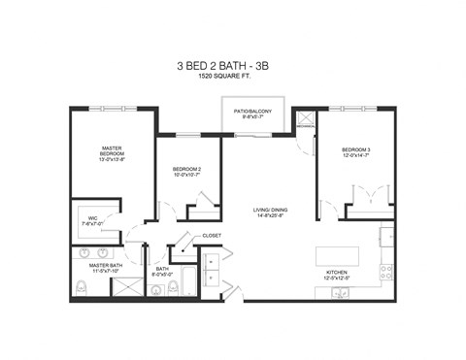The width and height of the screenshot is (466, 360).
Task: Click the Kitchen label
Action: [336, 274]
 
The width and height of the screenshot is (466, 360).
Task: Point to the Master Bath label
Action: [105, 265]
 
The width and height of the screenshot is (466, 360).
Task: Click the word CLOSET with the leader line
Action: [212, 236]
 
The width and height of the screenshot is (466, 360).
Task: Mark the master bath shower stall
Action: [124, 286]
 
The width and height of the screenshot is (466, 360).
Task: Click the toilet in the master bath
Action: [81, 287]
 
